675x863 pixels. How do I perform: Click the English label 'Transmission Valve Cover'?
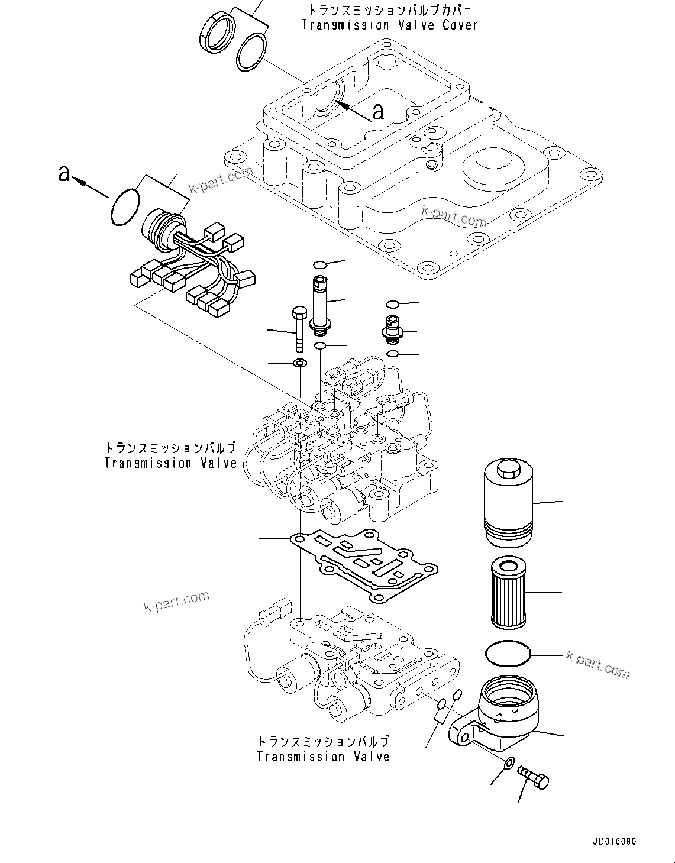[x=389, y=25]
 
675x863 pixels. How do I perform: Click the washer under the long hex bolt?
[x=301, y=363]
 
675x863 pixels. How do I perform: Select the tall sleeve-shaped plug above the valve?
[x=320, y=302]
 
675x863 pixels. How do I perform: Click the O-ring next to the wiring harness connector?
[x=125, y=207]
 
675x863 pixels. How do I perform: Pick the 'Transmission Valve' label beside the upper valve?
[x=170, y=463]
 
